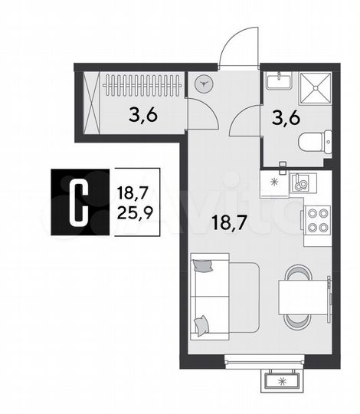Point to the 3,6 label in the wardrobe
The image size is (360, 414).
point(144,117)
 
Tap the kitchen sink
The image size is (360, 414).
point(301,183)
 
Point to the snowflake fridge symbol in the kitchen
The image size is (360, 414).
point(272,182)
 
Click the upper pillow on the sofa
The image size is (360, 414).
point(204,268)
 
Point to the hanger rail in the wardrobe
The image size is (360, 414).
point(142,81)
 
